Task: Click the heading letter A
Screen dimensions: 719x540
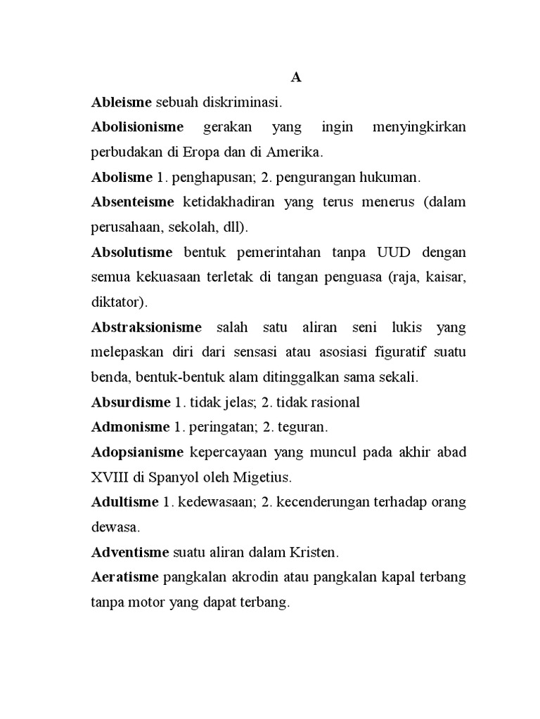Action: (296, 78)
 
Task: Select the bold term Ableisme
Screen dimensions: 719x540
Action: (122, 103)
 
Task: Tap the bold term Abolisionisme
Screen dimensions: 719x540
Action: (137, 127)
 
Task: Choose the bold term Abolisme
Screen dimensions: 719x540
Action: (122, 177)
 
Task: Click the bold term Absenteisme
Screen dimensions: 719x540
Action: (133, 202)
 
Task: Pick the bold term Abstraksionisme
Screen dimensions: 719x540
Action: (146, 327)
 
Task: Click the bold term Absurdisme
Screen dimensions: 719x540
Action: (131, 402)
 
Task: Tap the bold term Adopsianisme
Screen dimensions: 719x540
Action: (137, 451)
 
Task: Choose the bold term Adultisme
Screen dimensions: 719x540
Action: (124, 502)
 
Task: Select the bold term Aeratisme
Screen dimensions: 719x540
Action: (126, 577)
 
